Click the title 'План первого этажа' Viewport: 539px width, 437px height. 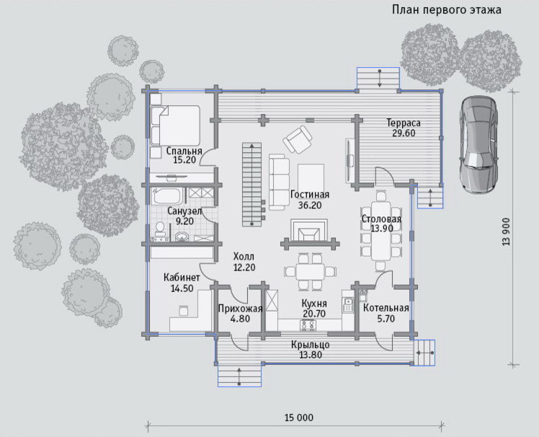click(447, 10)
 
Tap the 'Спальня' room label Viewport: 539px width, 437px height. click(184, 151)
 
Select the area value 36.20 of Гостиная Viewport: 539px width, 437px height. click(310, 205)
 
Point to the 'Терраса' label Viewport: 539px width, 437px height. click(404, 123)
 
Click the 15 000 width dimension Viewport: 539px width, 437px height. click(299, 418)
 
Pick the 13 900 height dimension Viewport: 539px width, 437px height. click(506, 231)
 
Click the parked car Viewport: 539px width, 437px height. click(479, 144)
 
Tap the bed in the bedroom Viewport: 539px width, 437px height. click(175, 125)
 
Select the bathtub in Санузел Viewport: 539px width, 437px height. click(166, 196)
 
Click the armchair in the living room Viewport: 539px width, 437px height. click(298, 138)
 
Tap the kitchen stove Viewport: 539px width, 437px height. click(308, 325)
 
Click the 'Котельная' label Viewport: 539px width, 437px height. click(386, 308)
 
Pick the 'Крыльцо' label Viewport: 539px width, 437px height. click(311, 345)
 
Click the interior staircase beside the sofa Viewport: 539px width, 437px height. click(252, 185)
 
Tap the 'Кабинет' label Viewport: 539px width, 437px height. click(182, 278)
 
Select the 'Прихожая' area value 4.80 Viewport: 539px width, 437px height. click(240, 319)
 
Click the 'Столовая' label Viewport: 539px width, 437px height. click(381, 219)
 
